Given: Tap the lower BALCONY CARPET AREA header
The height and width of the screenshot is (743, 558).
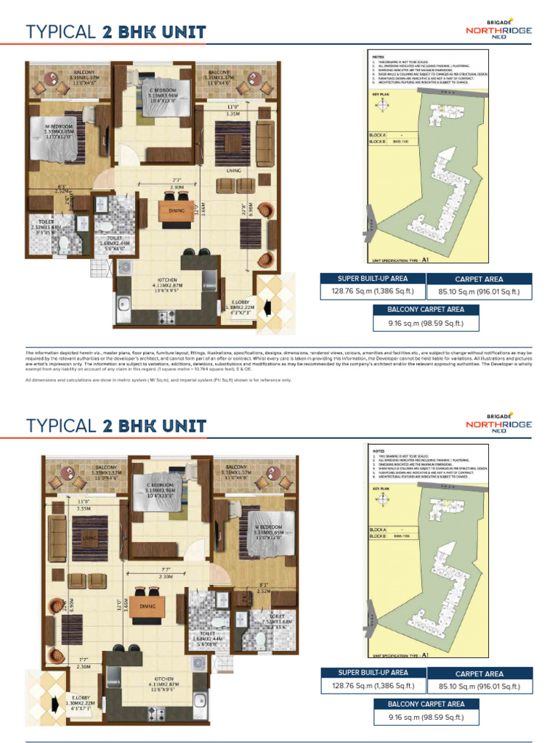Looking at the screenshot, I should [426, 703].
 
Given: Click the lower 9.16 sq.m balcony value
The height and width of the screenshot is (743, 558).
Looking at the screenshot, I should [426, 718].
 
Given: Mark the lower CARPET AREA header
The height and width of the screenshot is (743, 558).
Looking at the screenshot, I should [479, 673].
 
